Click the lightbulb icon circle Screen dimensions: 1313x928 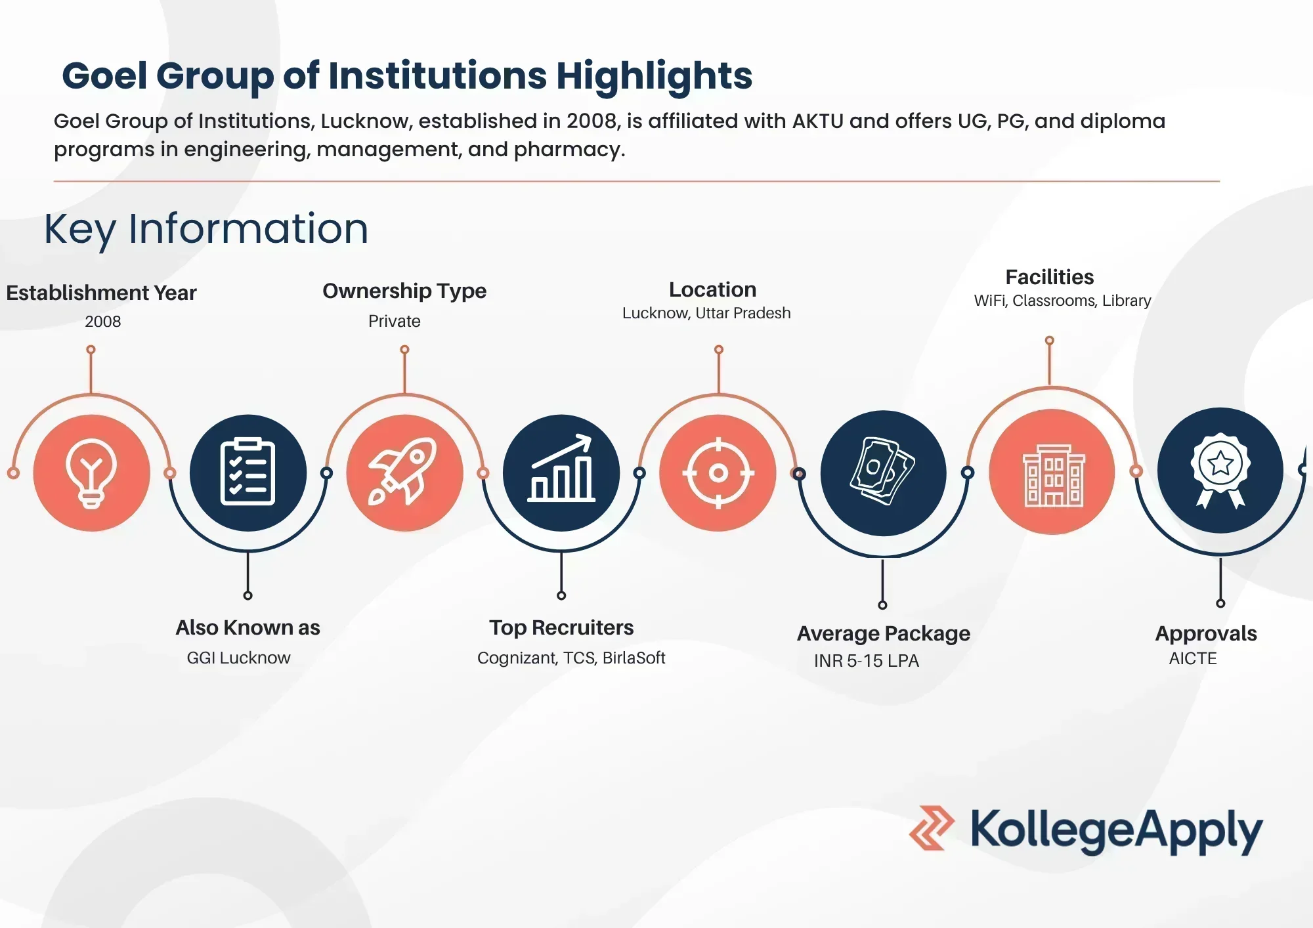92,473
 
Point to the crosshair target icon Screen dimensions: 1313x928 718,473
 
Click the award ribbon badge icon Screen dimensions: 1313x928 1220,470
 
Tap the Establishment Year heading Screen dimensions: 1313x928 101,293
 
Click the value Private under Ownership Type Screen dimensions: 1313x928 395,321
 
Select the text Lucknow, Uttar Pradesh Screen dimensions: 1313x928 706,313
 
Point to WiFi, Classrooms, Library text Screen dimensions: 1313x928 1062,301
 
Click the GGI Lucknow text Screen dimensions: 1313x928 238,658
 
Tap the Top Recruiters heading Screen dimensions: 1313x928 561,627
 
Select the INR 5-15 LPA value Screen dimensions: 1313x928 867,661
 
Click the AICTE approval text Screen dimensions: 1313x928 1193,658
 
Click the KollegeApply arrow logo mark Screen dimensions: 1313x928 932,828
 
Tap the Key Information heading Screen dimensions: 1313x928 206,229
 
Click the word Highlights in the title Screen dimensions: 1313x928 654,76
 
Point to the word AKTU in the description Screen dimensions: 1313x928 817,121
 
